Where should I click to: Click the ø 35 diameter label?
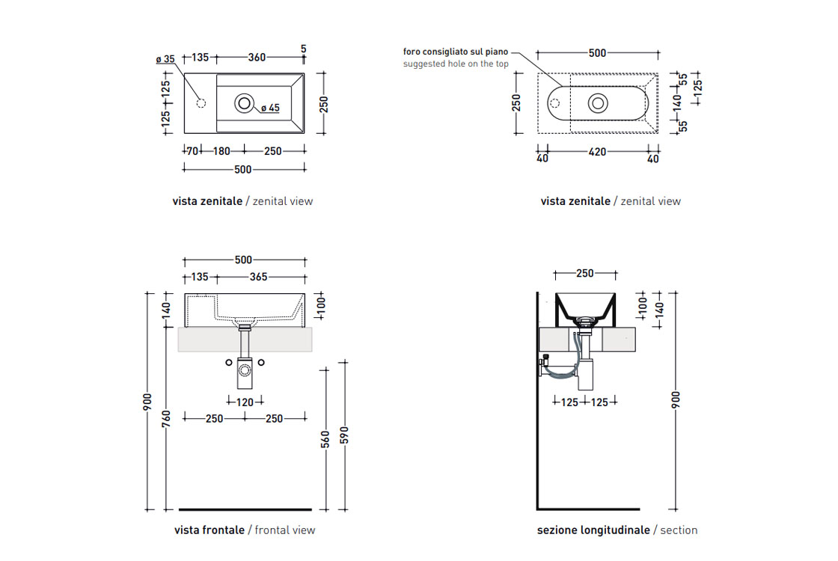click(x=165, y=59)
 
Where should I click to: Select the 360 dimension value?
click(x=257, y=58)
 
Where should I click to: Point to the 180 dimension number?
click(x=221, y=151)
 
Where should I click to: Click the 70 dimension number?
click(x=192, y=151)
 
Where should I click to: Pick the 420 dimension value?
click(x=597, y=152)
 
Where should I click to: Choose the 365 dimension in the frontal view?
click(x=258, y=277)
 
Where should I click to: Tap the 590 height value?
click(x=344, y=435)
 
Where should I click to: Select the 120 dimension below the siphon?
click(x=245, y=402)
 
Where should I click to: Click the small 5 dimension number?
click(x=303, y=49)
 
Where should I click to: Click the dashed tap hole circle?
click(x=200, y=102)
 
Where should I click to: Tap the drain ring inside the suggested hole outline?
click(x=598, y=103)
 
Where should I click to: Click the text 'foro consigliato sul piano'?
click(x=455, y=52)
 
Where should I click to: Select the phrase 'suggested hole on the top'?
click(x=455, y=64)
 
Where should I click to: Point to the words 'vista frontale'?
click(x=209, y=530)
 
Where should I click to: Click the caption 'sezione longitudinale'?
click(x=593, y=530)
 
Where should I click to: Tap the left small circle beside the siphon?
click(x=229, y=364)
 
